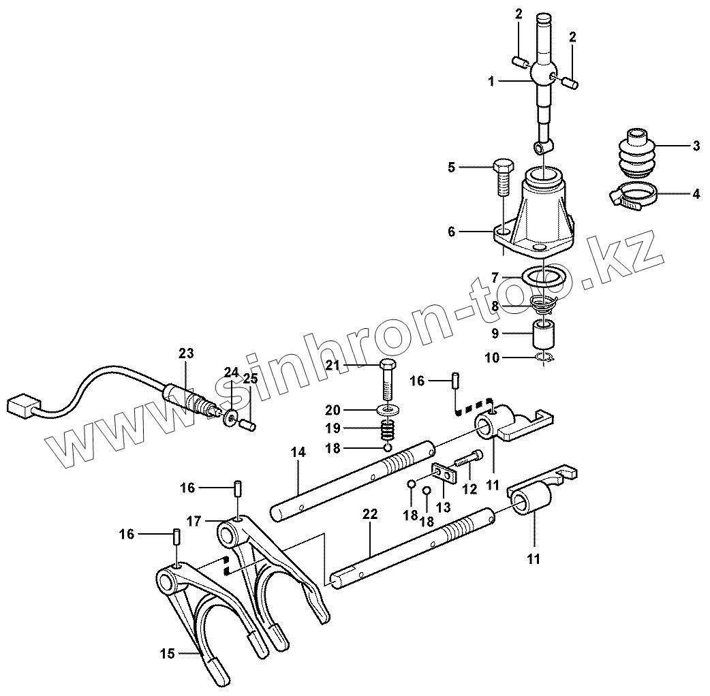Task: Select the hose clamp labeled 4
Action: pyautogui.click(x=631, y=197)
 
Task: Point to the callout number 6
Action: pyautogui.click(x=451, y=232)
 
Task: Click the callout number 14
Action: pyautogui.click(x=298, y=452)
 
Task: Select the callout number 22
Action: pyautogui.click(x=369, y=515)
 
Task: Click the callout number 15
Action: pyautogui.click(x=167, y=654)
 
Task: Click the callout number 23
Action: pyautogui.click(x=186, y=353)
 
